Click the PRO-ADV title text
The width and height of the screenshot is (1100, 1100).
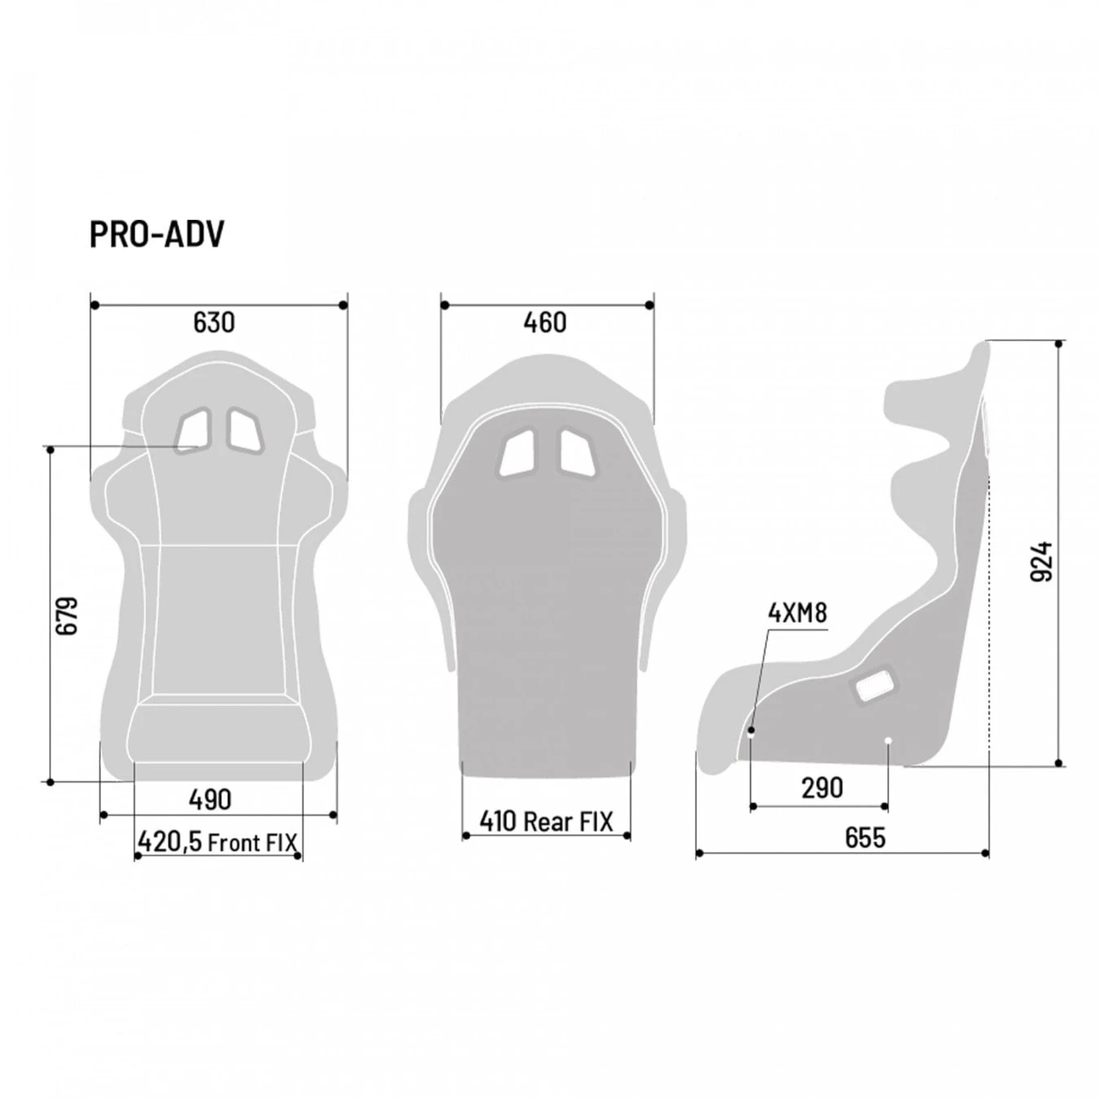pyautogui.click(x=156, y=235)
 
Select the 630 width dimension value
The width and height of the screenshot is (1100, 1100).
pyautogui.click(x=213, y=323)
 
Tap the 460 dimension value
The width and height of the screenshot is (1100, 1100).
pyautogui.click(x=544, y=323)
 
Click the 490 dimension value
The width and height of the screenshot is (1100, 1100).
pyautogui.click(x=210, y=799)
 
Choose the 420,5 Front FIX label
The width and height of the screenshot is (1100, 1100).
pyautogui.click(x=218, y=842)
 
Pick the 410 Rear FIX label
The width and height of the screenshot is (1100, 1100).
pyautogui.click(x=546, y=821)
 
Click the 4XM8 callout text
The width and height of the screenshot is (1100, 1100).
pyautogui.click(x=797, y=613)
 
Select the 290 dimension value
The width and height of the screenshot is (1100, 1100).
pyautogui.click(x=821, y=788)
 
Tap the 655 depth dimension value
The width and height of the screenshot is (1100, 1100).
pyautogui.click(x=865, y=838)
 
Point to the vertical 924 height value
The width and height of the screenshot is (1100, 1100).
pyautogui.click(x=1042, y=561)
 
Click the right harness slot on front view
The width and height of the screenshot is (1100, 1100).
pyautogui.click(x=245, y=429)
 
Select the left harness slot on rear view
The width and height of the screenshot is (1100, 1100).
pyautogui.click(x=517, y=452)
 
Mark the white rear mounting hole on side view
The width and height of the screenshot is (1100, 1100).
pyautogui.click(x=888, y=741)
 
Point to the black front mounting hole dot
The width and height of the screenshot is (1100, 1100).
pyautogui.click(x=751, y=731)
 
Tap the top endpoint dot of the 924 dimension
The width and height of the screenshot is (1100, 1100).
pyautogui.click(x=1059, y=344)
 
